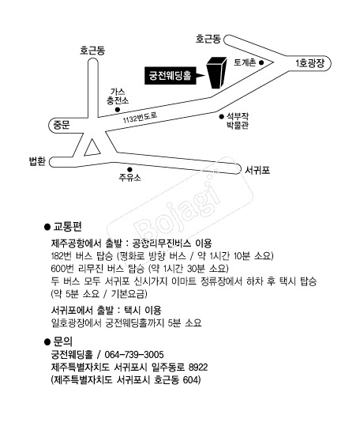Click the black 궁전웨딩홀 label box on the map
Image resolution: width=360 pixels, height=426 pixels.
(x=171, y=75)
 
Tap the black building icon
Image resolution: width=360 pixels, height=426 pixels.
(x=217, y=73)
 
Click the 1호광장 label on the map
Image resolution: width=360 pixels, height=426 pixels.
(x=309, y=63)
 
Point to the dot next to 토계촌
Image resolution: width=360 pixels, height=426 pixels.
(x=261, y=62)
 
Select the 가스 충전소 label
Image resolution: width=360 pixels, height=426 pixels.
(x=118, y=96)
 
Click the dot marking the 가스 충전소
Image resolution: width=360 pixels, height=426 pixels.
(x=118, y=110)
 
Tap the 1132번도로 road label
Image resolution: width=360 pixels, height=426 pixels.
(x=141, y=117)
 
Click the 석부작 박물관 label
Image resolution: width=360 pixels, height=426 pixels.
(x=238, y=121)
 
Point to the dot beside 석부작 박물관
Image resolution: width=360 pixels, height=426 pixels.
(x=222, y=116)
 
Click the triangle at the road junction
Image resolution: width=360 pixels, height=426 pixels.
(x=92, y=149)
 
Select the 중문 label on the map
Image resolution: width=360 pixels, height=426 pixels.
(x=62, y=125)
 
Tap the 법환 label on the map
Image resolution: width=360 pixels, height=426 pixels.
(x=37, y=161)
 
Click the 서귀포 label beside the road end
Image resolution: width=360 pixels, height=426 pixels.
(x=257, y=170)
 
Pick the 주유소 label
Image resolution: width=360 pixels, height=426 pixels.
(x=129, y=178)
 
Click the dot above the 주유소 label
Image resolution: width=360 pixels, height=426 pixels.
(x=129, y=169)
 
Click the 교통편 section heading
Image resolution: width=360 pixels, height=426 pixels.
(x=68, y=226)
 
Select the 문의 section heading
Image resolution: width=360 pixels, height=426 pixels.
(x=63, y=341)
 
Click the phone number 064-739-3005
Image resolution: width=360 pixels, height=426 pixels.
(x=134, y=355)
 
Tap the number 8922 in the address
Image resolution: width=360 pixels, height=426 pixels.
(x=198, y=368)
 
